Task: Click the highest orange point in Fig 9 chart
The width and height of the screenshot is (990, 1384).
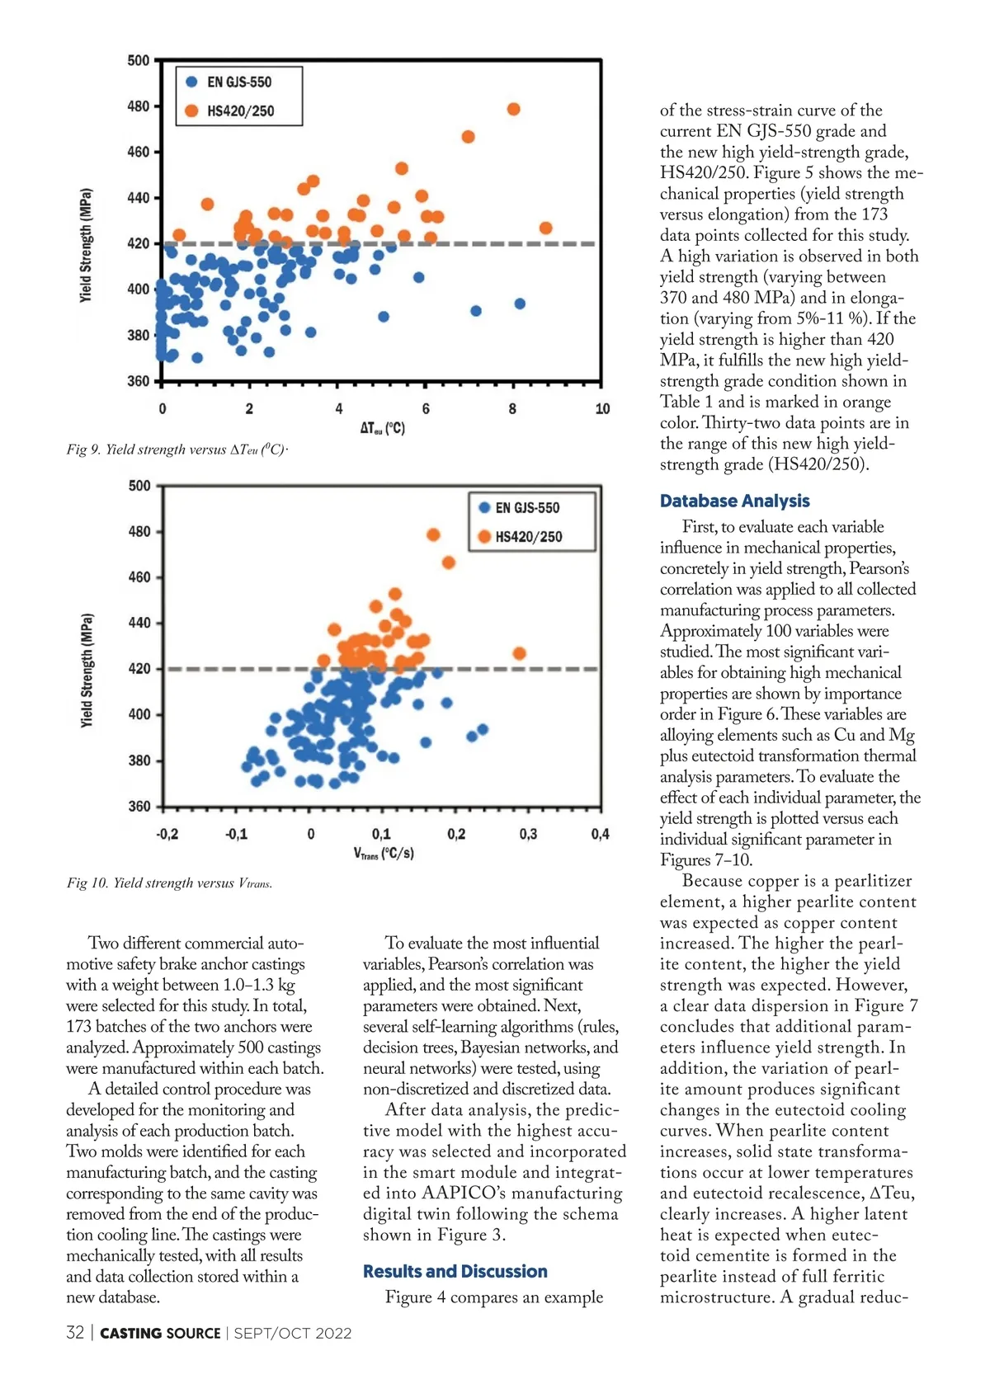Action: [x=513, y=109]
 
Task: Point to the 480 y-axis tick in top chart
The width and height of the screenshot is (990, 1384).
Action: [x=139, y=106]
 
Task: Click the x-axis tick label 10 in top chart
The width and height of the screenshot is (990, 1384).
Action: [x=602, y=408]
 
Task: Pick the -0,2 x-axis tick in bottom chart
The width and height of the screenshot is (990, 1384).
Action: [x=167, y=834]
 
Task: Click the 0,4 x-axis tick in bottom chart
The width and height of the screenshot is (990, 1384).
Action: [x=600, y=834]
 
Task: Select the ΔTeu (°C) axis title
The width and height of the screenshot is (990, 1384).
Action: [x=382, y=428]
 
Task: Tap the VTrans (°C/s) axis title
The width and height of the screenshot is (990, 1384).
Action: [x=384, y=854]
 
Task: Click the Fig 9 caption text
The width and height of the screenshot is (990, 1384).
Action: [x=177, y=450]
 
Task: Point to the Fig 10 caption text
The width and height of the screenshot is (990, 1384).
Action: [x=169, y=883]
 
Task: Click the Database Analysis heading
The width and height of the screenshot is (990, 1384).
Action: [x=734, y=501]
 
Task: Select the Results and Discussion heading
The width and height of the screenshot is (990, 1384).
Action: [x=455, y=1271]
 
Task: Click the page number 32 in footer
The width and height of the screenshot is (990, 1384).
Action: [x=75, y=1333]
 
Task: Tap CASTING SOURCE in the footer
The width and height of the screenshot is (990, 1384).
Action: [x=160, y=1333]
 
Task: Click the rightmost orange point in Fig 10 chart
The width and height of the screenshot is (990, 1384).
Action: [x=519, y=653]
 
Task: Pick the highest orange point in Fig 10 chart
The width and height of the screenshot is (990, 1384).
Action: [x=433, y=535]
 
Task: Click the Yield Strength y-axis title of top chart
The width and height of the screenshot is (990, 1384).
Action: [x=86, y=246]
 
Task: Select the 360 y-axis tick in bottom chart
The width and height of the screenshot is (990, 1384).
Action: [x=139, y=806]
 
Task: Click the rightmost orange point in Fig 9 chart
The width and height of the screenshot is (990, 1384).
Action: [x=545, y=228]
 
